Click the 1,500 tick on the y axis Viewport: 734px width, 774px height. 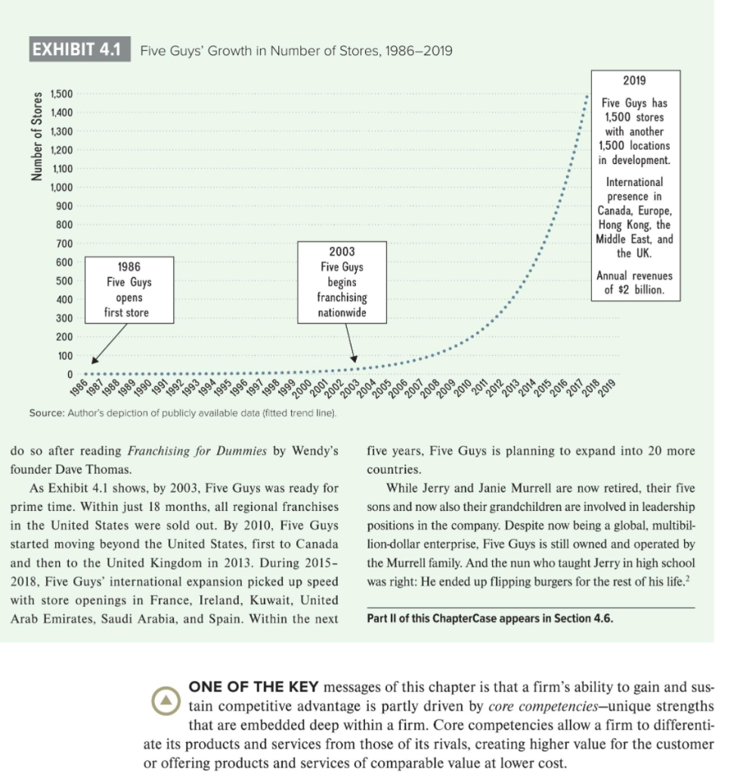point(61,94)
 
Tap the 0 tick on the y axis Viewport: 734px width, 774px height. point(69,374)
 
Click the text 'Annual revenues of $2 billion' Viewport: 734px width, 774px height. point(635,283)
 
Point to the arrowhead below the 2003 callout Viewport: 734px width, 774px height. point(353,358)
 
